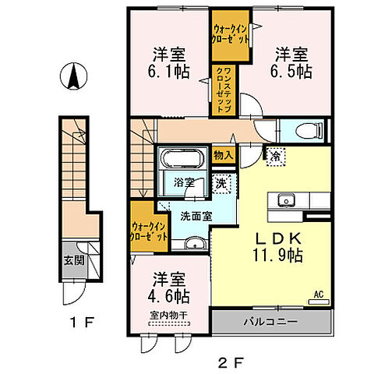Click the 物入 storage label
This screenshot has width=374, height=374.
pyautogui.click(x=223, y=154)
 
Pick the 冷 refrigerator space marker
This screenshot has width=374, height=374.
pyautogui.click(x=276, y=157)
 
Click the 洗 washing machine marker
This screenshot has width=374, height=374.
pyautogui.click(x=222, y=185)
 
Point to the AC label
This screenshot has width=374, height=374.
pyautogui.click(x=318, y=294)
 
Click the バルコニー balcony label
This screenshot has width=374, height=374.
pyautogui.click(x=273, y=321)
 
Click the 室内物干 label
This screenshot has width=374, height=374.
pyautogui.click(x=164, y=316)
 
